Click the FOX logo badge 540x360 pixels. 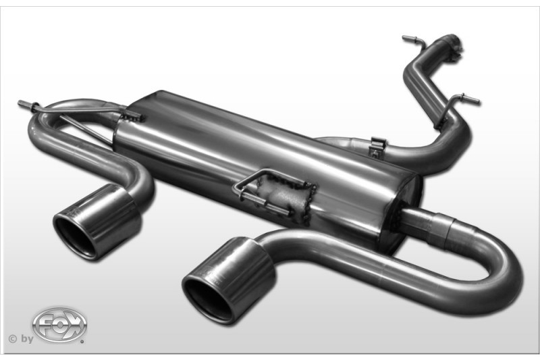click(59, 324)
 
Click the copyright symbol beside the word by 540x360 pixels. click(12, 339)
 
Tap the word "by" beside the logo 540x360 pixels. click(27, 339)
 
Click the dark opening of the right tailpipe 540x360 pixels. click(205, 296)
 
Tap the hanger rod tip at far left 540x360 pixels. click(21, 103)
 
